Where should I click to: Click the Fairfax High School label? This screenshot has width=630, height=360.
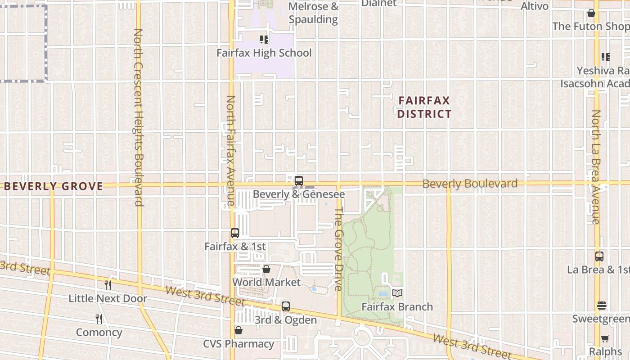264,53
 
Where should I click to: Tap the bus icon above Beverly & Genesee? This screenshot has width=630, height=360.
298,181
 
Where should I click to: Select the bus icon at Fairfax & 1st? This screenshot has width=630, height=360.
234,233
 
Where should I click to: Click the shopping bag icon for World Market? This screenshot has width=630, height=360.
266,269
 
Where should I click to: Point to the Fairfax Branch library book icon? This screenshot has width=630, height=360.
397,293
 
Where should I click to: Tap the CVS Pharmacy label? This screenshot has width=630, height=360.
238,344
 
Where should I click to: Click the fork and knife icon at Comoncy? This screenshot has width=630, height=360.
99,319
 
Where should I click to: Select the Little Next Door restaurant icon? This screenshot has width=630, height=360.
108,285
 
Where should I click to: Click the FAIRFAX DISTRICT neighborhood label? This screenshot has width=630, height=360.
424,107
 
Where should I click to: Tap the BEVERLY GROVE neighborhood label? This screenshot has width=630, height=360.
54,186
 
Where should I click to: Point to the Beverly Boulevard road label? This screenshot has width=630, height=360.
470,184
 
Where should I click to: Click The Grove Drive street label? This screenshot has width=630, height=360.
339,248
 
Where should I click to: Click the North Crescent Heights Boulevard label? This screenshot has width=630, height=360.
138,117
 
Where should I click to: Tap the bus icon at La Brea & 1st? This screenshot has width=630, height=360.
599,256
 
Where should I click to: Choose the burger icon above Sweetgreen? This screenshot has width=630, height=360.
602,306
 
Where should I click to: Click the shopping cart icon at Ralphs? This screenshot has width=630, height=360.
605,338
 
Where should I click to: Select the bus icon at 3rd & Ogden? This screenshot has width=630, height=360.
285,307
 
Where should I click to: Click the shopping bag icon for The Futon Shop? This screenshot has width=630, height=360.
591,13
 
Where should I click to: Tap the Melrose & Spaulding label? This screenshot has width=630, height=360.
313,13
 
